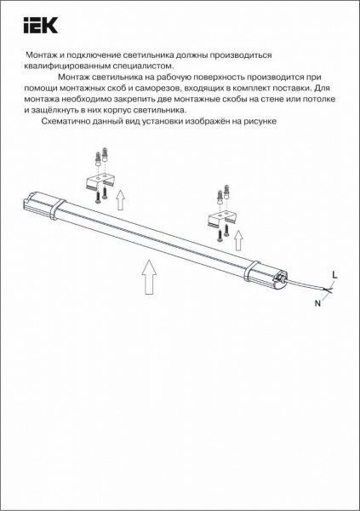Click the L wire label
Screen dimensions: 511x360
(334, 273)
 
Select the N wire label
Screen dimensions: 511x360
(317, 302)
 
